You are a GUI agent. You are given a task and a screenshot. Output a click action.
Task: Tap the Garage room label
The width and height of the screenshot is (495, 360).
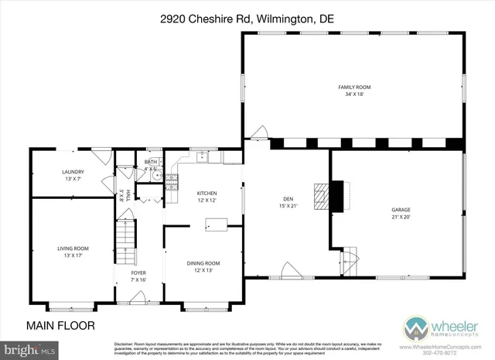pos(400,213)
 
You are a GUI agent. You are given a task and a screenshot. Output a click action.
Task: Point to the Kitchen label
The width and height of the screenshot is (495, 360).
pos(207,197)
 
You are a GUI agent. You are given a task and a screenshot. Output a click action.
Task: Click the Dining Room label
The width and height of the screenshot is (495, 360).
pos(203,266)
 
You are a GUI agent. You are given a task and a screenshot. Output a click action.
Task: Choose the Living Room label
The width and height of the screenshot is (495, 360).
pos(73,252)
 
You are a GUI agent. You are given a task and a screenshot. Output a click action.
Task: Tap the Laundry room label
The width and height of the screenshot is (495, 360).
pos(73,175)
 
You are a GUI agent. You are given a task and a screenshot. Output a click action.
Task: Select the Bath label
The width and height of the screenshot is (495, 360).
pos(151,165)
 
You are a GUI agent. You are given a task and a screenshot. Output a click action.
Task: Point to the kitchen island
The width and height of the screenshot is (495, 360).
pos(216,225)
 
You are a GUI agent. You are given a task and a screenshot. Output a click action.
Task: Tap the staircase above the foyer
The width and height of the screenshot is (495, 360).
pos(125,239)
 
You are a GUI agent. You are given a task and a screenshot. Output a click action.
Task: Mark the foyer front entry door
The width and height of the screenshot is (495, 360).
pos(139,297)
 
